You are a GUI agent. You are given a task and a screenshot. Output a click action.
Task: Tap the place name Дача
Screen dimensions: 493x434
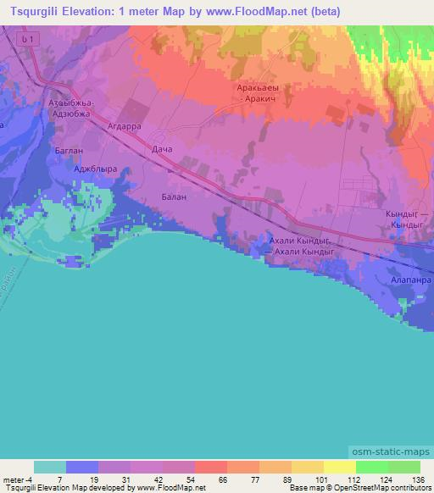(x=162, y=150)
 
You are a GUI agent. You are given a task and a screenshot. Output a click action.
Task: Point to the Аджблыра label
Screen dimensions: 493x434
(x=95, y=169)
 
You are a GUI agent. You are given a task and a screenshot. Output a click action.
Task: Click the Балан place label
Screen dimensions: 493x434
(x=173, y=196)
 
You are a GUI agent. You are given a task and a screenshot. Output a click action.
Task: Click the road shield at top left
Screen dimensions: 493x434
(x=29, y=40)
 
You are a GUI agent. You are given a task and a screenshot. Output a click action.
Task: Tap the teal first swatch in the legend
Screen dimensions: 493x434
(x=50, y=467)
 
